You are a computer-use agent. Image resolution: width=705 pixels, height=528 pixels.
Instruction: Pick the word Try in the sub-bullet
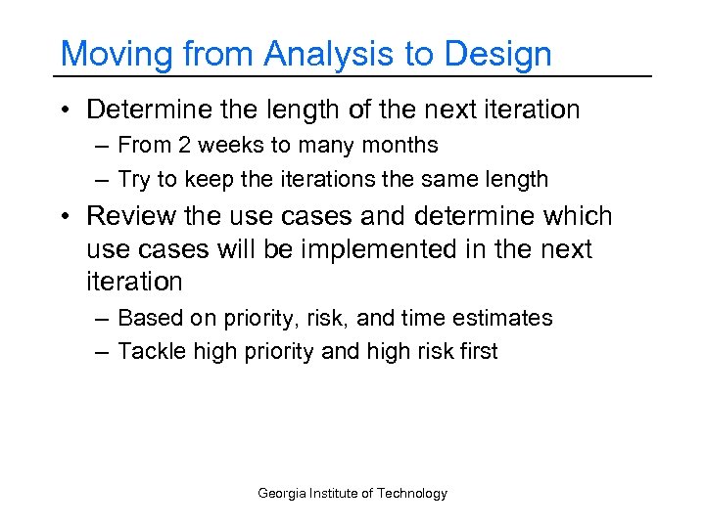click(134, 180)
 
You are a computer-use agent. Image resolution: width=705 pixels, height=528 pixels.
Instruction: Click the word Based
click(145, 319)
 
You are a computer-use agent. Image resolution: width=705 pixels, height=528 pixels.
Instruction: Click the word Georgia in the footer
click(280, 494)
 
